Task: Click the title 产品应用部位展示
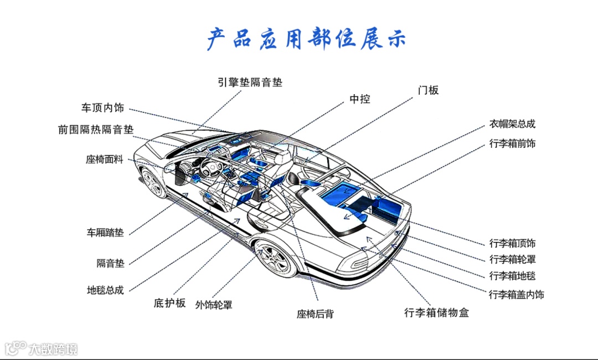[306, 39]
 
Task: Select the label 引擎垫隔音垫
[250, 83]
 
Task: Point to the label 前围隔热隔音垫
[96, 130]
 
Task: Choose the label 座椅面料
[105, 160]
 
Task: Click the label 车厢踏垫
[105, 233]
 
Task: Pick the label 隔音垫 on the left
[111, 263]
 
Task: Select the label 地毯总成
[105, 290]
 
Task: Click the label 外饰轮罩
[214, 305]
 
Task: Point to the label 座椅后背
[315, 314]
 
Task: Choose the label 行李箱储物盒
[436, 313]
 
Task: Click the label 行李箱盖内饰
[516, 294]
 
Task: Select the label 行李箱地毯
[512, 276]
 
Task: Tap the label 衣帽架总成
[512, 124]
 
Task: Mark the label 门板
[428, 90]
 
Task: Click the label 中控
[360, 99]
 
